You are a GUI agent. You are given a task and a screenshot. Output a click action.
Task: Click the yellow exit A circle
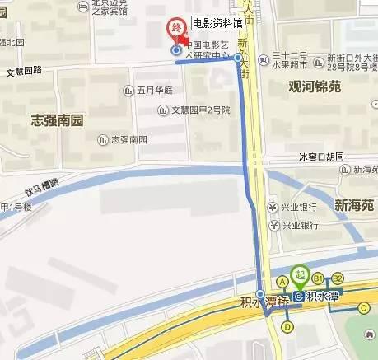point(282,280)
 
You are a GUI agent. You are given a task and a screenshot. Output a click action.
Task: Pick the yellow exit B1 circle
point(318,279)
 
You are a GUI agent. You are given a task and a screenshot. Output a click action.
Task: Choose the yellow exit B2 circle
point(338,279)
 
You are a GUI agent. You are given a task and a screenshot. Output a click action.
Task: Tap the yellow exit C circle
point(363,308)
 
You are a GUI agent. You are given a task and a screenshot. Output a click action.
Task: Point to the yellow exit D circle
point(287,327)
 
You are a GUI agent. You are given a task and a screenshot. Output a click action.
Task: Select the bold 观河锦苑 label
point(315,86)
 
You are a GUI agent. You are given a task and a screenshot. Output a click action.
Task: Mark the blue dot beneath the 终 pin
point(175,50)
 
